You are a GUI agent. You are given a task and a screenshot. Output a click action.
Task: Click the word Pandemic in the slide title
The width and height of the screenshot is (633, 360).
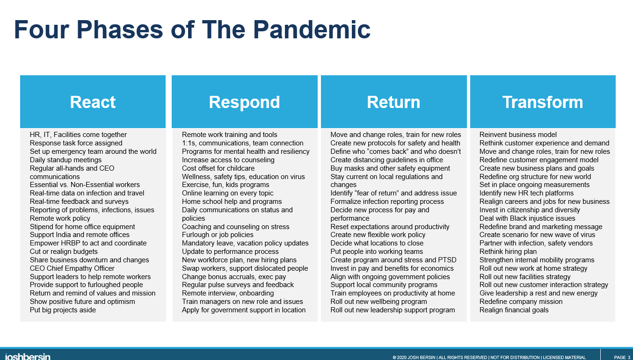click(312, 29)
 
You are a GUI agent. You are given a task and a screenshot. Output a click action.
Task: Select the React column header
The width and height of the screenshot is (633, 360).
click(93, 101)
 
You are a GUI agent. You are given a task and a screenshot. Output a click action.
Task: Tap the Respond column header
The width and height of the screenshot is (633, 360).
click(244, 101)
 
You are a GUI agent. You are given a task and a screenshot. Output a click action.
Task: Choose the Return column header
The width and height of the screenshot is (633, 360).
click(393, 101)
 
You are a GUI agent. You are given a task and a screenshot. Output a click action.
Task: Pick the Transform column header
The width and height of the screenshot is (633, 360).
click(543, 101)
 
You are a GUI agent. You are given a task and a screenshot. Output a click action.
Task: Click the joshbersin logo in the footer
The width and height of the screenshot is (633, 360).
click(28, 356)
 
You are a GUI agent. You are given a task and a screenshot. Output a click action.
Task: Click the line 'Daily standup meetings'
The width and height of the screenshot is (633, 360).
click(65, 160)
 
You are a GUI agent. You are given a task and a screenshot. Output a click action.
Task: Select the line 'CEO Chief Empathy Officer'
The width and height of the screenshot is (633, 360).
click(72, 268)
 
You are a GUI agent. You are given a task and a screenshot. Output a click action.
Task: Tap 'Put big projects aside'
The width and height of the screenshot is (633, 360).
click(63, 310)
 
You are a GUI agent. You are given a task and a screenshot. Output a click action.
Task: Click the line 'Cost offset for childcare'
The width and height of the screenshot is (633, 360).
click(218, 168)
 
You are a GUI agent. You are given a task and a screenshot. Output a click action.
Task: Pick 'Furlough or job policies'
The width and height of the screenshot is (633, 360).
click(218, 235)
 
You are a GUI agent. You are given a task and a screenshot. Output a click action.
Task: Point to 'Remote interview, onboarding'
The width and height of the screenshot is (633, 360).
click(228, 293)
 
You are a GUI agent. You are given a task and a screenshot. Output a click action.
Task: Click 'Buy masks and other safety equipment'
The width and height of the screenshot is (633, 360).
click(390, 168)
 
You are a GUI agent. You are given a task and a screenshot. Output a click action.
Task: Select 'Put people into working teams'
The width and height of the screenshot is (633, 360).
click(377, 251)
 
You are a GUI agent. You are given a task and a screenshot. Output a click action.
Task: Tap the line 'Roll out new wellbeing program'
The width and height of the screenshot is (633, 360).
click(378, 302)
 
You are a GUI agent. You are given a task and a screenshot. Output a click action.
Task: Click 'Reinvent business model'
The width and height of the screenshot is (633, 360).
click(518, 135)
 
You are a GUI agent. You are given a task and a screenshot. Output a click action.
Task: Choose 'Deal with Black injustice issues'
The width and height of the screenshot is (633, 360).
click(527, 218)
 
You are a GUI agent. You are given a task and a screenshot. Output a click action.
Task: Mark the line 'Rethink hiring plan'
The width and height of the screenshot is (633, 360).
click(508, 251)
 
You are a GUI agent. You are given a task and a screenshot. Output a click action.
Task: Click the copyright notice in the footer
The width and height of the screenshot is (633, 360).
click(489, 358)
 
